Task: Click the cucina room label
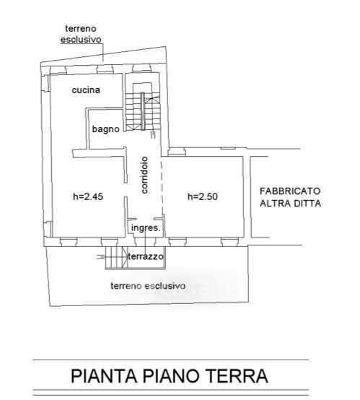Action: (86, 90)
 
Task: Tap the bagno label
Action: (105, 129)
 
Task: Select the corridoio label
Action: (144, 175)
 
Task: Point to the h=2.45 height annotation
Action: (88, 196)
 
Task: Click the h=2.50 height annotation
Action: (203, 196)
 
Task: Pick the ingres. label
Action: (146, 228)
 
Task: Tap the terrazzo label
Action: (146, 256)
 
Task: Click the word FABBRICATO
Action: (290, 191)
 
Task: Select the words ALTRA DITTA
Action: (290, 204)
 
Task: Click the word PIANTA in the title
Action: (104, 375)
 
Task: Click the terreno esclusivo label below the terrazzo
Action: (148, 286)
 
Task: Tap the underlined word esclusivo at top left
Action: (81, 40)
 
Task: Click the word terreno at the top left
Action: (81, 29)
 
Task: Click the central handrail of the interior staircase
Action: (143, 111)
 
